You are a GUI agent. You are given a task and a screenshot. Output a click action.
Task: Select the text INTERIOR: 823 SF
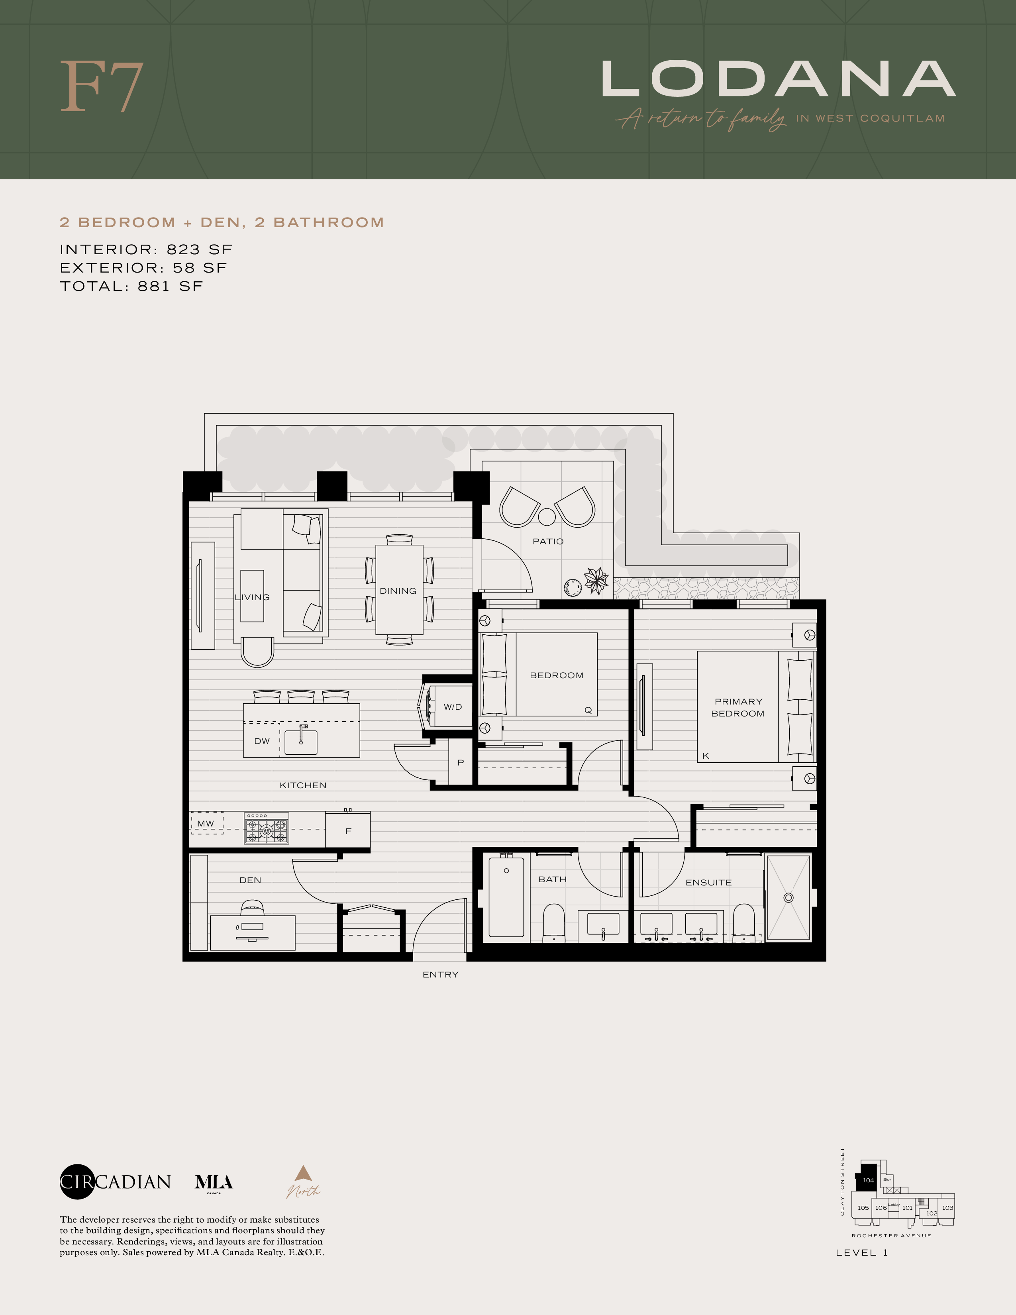click(146, 249)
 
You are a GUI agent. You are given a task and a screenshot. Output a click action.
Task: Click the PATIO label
click(548, 541)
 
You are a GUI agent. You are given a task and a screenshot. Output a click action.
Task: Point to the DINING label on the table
click(398, 591)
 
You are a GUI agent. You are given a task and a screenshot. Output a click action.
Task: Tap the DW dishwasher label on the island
click(262, 741)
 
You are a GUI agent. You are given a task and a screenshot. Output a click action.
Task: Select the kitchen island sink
click(301, 742)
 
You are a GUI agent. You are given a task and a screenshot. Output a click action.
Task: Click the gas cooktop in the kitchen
click(266, 830)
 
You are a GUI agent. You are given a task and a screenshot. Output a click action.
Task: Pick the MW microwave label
click(205, 823)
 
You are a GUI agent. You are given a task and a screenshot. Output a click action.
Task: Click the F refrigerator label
click(348, 831)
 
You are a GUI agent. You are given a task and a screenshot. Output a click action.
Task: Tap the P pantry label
click(461, 762)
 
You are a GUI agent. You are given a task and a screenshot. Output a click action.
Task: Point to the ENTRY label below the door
click(440, 974)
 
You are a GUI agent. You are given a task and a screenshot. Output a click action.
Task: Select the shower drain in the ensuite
click(788, 898)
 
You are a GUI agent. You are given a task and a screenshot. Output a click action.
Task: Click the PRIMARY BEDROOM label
click(738, 707)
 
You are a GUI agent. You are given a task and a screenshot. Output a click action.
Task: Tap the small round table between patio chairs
click(547, 516)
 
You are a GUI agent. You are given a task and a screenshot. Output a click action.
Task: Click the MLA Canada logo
click(214, 1183)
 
